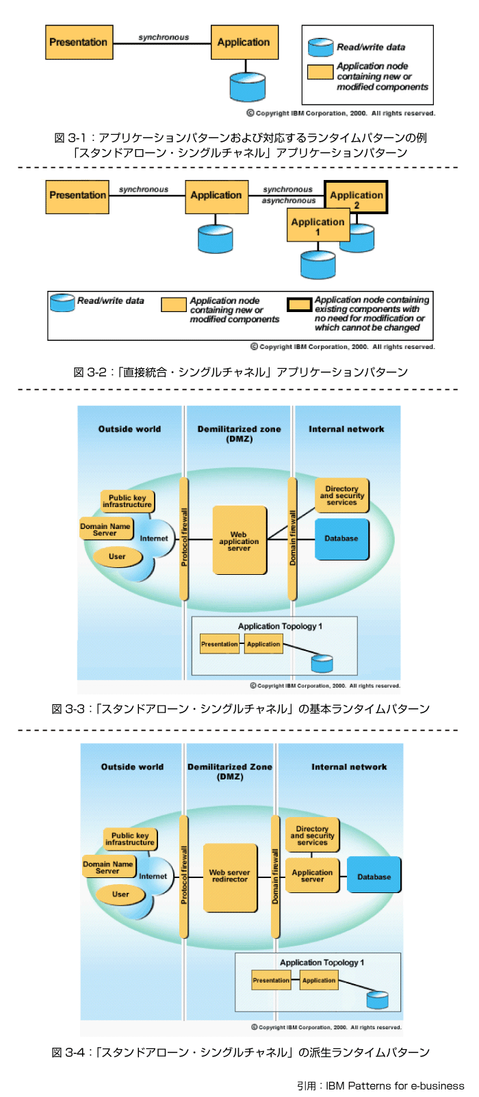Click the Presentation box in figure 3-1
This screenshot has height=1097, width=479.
pyautogui.click(x=79, y=42)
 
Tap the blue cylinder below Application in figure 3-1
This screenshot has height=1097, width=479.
pyautogui.click(x=247, y=87)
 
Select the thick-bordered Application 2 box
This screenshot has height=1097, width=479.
pyautogui.click(x=356, y=197)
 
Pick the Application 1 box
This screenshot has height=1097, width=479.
pyautogui.click(x=318, y=226)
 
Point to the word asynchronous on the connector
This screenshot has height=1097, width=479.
pyautogui.click(x=289, y=201)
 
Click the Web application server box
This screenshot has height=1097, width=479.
pyautogui.click(x=239, y=541)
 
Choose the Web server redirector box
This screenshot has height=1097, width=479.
pyautogui.click(x=230, y=877)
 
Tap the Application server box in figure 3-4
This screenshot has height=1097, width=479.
pyautogui.click(x=312, y=876)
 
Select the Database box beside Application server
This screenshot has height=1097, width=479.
pyautogui.click(x=374, y=876)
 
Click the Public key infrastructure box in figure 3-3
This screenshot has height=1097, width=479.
pyautogui.click(x=127, y=502)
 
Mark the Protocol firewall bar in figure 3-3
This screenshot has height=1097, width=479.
pyautogui.click(x=183, y=538)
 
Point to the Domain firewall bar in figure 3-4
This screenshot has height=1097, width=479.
pyautogui.click(x=276, y=876)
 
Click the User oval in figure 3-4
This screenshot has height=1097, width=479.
pyautogui.click(x=120, y=894)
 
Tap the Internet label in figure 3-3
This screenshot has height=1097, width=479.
pyautogui.click(x=154, y=539)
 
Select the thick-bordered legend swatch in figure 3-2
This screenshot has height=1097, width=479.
pyautogui.click(x=299, y=305)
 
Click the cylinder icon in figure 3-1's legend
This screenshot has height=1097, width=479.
pyautogui.click(x=320, y=47)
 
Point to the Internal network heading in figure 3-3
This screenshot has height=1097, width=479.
pyautogui.click(x=346, y=429)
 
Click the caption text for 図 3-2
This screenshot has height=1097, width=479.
pyautogui.click(x=240, y=372)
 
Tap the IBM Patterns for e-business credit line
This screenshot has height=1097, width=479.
pyautogui.click(x=380, y=1085)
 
